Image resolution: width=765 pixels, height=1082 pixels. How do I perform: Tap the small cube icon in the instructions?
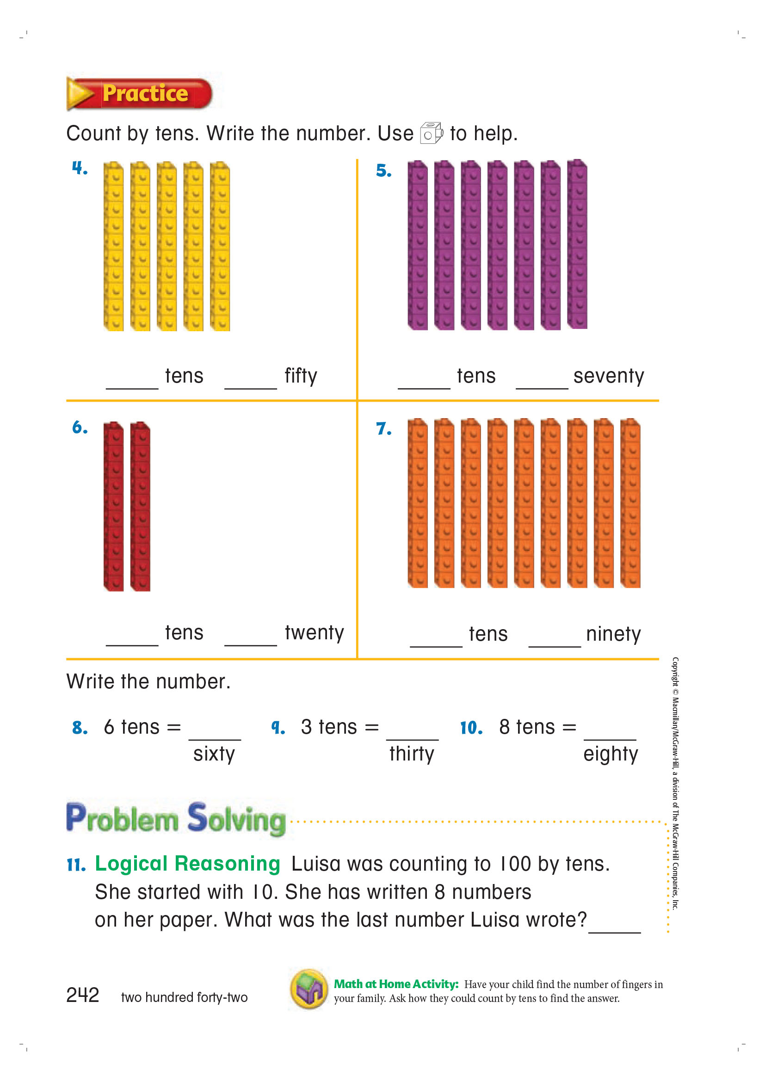(x=431, y=133)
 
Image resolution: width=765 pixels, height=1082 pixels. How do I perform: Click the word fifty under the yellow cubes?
(x=301, y=376)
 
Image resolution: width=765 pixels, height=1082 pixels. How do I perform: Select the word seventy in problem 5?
(x=608, y=376)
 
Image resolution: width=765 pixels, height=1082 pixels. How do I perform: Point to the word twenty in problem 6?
(x=314, y=632)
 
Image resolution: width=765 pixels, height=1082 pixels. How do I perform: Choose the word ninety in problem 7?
(x=613, y=634)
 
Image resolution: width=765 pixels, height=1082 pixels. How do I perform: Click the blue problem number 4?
(x=80, y=168)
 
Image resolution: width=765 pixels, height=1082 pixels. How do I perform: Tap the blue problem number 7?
(x=383, y=429)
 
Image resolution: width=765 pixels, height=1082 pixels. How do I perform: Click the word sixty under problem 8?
(x=214, y=754)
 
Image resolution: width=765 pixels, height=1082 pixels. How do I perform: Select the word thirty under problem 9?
(x=412, y=754)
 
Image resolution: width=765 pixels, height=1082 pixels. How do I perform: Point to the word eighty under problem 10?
(x=611, y=754)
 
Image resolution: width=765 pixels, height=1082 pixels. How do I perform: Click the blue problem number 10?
(x=471, y=728)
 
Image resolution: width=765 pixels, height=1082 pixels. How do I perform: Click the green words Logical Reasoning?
(x=187, y=863)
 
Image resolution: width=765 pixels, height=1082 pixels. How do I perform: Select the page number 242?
(x=83, y=995)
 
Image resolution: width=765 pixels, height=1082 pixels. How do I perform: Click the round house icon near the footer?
(x=309, y=989)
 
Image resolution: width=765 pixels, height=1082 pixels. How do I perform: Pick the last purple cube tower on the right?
(x=577, y=244)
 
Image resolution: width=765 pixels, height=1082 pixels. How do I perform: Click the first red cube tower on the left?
(x=113, y=506)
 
